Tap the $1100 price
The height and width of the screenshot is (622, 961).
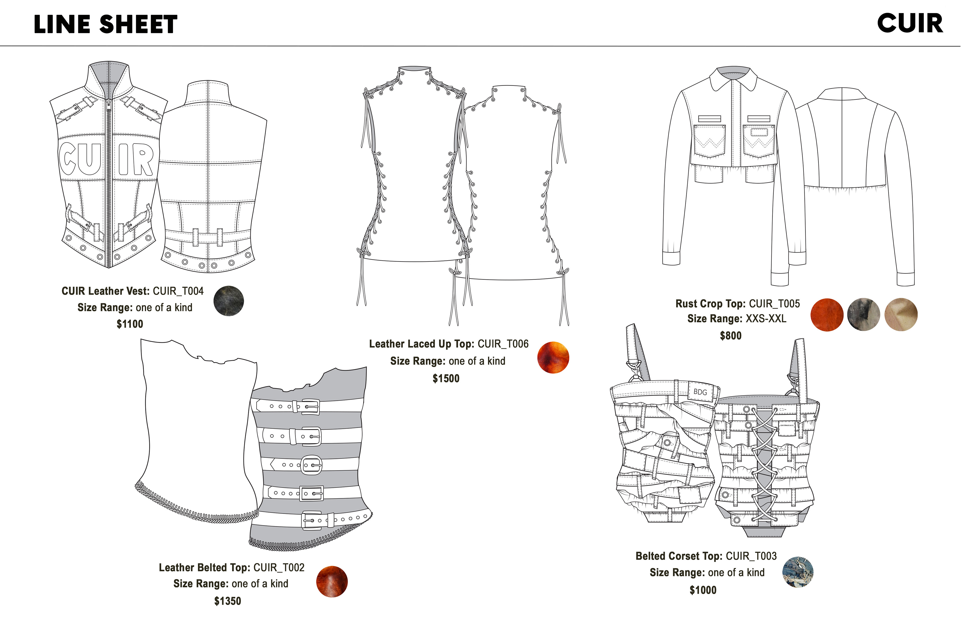click(130, 324)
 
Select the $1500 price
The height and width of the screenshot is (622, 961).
click(446, 378)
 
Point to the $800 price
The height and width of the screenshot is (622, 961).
click(731, 336)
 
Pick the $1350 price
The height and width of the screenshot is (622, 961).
click(227, 601)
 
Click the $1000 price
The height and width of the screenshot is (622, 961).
click(702, 590)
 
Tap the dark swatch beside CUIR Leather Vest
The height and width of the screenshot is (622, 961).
click(228, 301)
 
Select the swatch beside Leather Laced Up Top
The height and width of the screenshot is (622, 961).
click(553, 357)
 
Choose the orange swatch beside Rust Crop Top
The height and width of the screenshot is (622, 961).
click(827, 315)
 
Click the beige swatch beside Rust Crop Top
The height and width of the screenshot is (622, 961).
click(901, 315)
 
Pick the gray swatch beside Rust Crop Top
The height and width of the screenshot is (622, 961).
click(863, 315)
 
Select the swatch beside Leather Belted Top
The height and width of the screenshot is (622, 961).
click(332, 582)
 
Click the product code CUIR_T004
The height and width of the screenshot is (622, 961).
click(178, 291)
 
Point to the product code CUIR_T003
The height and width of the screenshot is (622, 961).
click(751, 556)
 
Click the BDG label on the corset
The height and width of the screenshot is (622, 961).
click(700, 392)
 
